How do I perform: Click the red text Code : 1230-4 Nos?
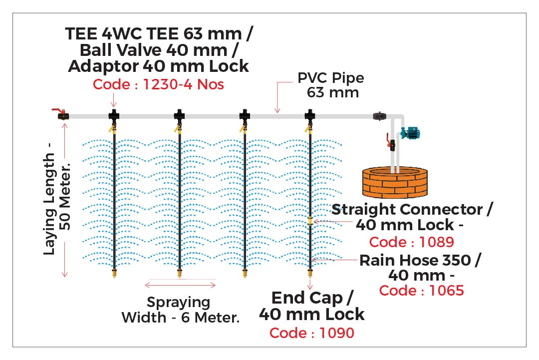point(158,84)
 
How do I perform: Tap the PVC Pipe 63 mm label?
point(330,85)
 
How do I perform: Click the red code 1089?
point(411,242)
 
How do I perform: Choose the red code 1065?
point(421,290)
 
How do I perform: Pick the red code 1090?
point(312,333)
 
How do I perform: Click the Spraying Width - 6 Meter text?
point(180,310)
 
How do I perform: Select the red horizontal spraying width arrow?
point(180,285)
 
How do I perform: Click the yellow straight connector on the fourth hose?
point(310,221)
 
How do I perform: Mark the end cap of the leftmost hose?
point(115,273)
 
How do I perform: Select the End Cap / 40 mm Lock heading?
point(312,306)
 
